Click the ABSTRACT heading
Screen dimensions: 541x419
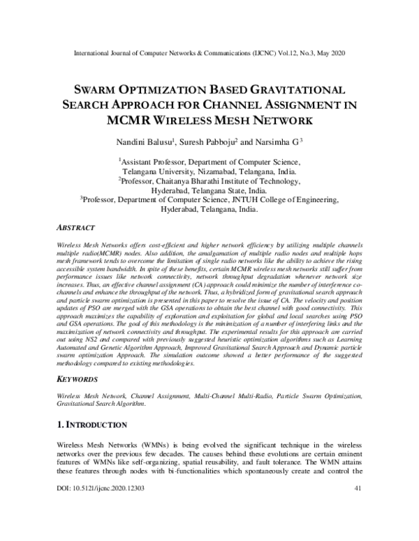pos(76,228)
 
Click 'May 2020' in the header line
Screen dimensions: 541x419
pos(329,54)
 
